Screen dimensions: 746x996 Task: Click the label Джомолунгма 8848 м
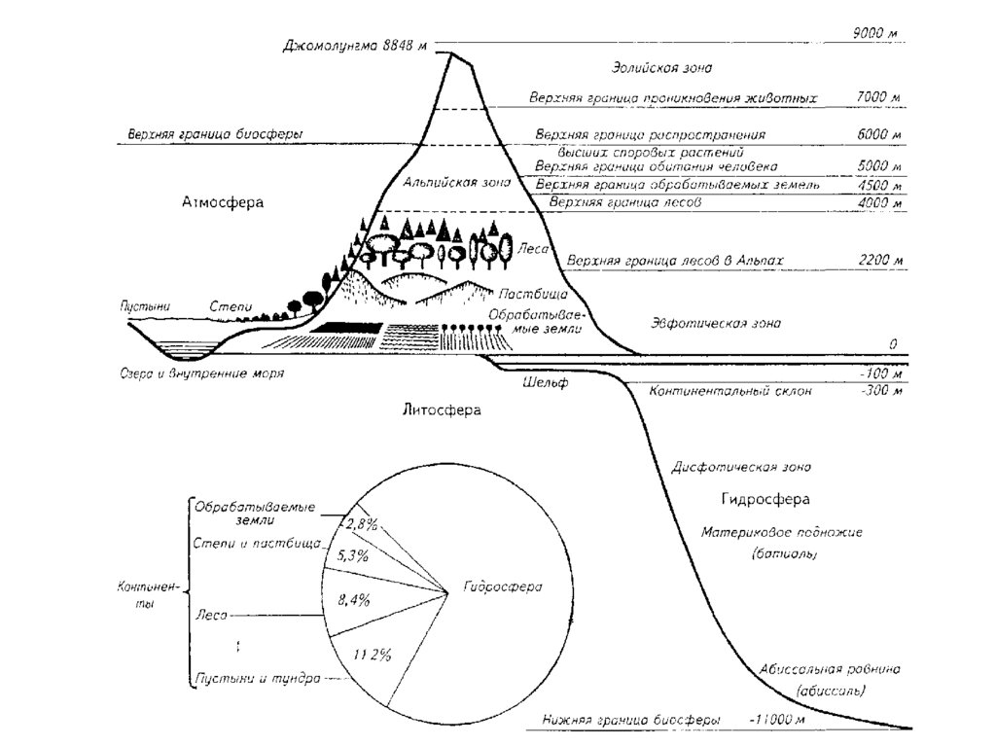356,45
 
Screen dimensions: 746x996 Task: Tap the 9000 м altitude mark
873,34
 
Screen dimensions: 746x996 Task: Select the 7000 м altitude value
879,98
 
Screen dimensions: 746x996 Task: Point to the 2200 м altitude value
881,261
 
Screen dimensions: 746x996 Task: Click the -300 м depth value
881,391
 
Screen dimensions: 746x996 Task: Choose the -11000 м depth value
778,721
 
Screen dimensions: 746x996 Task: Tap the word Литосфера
442,409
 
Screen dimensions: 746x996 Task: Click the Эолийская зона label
661,68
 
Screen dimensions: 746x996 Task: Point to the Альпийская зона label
443,183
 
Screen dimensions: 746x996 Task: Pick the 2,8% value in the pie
359,525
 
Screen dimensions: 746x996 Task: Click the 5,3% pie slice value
351,556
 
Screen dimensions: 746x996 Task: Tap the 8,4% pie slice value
354,600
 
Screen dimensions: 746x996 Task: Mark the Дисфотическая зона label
741,467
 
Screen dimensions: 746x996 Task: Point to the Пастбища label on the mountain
532,293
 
